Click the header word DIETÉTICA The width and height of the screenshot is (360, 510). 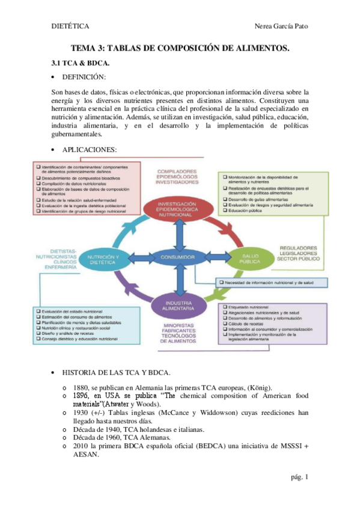[70, 26]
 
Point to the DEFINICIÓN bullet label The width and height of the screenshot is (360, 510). [84, 78]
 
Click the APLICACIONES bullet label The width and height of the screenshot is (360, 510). [89, 149]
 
